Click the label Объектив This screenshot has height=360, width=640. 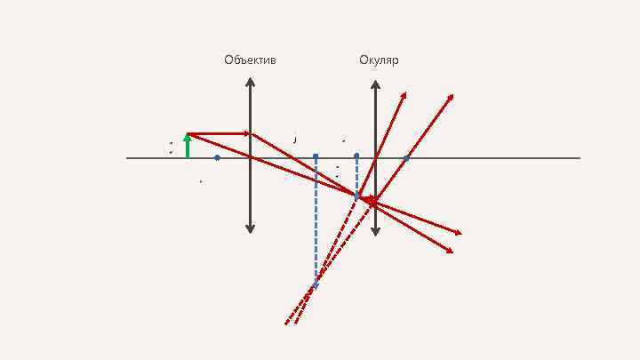point(250,60)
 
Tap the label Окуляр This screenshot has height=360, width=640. point(379,60)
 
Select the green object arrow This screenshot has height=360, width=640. point(188,146)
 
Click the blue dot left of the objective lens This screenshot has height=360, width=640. point(217,158)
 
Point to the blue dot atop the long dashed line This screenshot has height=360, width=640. point(316,157)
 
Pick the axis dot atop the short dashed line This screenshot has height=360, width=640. point(356,156)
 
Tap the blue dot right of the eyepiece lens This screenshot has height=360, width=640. point(406,158)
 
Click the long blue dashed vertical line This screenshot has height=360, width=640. point(316,222)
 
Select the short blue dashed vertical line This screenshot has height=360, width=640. point(356,176)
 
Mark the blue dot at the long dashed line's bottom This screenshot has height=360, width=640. point(316,285)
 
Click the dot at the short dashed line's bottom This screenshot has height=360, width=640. point(356,196)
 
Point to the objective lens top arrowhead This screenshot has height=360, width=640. point(251,83)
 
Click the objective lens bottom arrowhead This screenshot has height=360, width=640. point(251,229)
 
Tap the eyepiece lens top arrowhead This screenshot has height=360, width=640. point(375,84)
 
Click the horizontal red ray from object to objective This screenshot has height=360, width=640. point(220,134)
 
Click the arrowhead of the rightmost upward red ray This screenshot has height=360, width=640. point(451,96)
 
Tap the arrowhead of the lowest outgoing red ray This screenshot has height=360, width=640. point(451,252)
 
